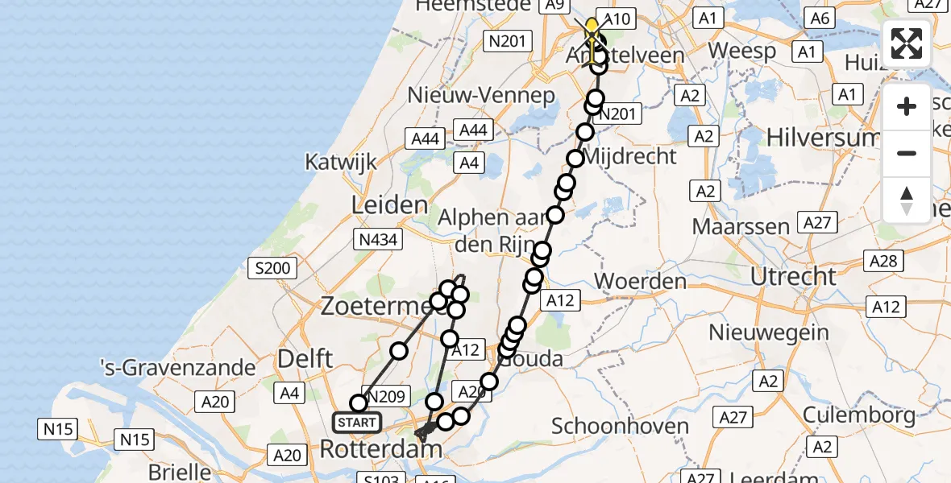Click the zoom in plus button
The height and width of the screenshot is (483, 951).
pyautogui.click(x=907, y=107)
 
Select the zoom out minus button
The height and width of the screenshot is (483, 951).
pyautogui.click(x=907, y=153)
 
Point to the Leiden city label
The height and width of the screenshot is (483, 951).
pyautogui.click(x=389, y=204)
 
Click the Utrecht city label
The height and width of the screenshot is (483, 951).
pyautogui.click(x=794, y=277)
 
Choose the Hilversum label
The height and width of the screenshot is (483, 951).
pyautogui.click(x=822, y=138)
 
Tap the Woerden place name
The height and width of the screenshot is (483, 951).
pyautogui.click(x=640, y=282)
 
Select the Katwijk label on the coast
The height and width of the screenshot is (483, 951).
pyautogui.click(x=341, y=162)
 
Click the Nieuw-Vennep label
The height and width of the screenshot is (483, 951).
pyautogui.click(x=482, y=95)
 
